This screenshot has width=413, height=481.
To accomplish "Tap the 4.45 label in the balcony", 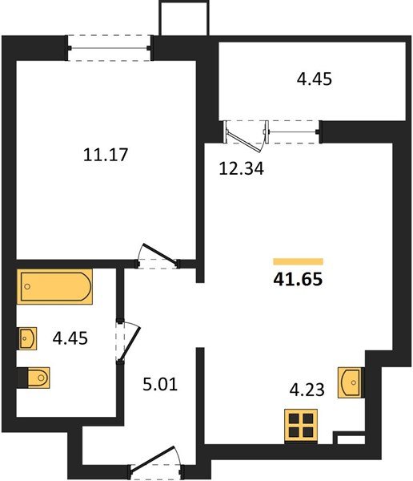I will pyautogui.click(x=312, y=79).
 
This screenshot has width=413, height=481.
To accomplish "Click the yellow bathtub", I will pyautogui.click(x=55, y=286).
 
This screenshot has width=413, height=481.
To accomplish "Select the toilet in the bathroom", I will pyautogui.click(x=34, y=375).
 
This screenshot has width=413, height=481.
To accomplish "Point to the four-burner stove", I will pyautogui.click(x=302, y=424).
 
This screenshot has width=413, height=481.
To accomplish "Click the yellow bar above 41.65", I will pyautogui.click(x=298, y=261).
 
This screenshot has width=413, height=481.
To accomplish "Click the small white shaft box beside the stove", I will pyautogui.click(x=349, y=439).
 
